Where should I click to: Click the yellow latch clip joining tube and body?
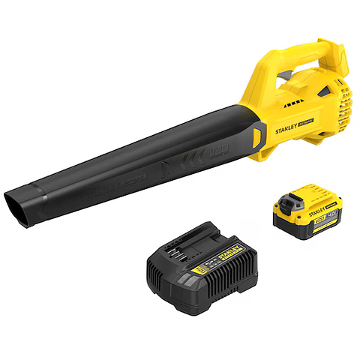tap(258, 138)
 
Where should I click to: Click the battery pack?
tap(304, 214)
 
